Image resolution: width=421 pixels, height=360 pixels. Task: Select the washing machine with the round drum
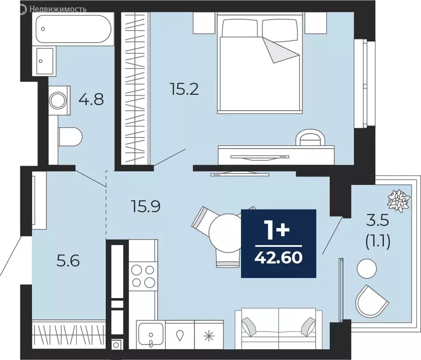(60, 100)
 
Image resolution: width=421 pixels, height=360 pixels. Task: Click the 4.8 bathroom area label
(91, 99)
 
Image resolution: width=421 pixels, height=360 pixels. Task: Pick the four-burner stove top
(143, 276)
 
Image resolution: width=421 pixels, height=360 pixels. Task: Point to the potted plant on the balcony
(398, 199)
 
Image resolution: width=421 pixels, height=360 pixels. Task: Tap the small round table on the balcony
(367, 269)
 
